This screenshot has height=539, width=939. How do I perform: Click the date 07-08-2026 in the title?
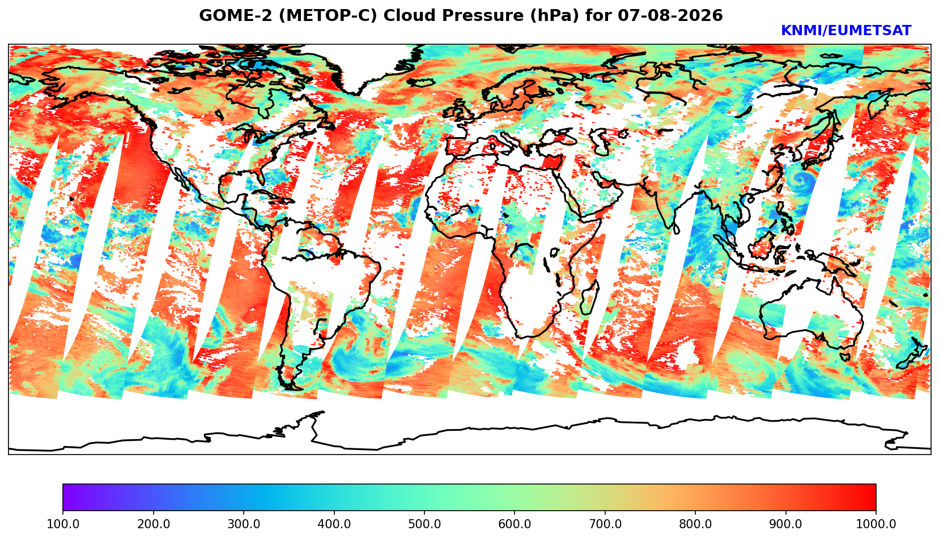670,15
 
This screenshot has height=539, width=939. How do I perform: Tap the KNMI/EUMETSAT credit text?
846,31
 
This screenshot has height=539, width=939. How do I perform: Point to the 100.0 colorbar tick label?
63,524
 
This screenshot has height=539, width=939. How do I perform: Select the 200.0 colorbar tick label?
154,524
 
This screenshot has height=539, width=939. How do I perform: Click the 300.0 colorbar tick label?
244,524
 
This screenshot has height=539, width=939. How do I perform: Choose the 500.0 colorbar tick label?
424,524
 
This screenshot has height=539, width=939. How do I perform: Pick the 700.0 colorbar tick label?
605,524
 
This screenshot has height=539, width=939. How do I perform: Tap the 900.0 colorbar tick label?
785,524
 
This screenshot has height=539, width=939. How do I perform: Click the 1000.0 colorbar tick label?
876,524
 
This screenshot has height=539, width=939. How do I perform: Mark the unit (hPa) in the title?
555,15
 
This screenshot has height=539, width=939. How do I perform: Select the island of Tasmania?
844,356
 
